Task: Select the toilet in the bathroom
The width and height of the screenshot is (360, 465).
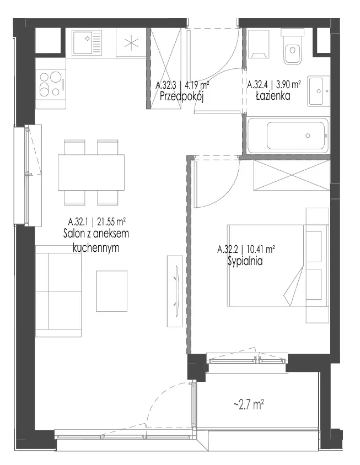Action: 292,47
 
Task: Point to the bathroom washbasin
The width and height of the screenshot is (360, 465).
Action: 319,91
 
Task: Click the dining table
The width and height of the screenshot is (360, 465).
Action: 91,172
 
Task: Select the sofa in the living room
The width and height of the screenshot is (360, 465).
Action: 58,291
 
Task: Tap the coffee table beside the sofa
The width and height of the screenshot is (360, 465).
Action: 111,291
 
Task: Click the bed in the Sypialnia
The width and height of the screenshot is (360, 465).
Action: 278,266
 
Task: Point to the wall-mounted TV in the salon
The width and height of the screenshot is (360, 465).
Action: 175,291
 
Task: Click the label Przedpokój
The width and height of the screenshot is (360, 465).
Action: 181,96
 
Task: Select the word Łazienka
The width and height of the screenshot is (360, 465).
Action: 273,96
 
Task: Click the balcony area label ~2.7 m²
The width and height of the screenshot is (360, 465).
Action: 249,404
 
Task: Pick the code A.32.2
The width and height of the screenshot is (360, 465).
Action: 228,250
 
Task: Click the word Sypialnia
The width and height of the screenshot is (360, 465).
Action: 245,261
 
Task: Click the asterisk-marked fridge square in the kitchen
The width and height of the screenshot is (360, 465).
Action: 131,42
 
